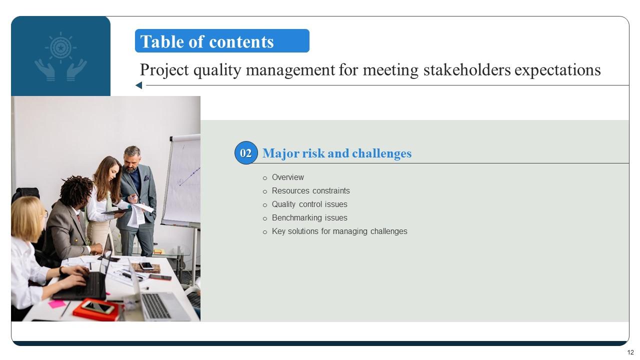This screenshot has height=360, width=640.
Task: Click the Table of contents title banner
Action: (222, 41)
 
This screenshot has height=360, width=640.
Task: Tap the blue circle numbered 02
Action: (245, 153)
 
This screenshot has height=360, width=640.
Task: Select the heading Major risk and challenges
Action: (337, 153)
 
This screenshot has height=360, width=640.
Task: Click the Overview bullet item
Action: (287, 177)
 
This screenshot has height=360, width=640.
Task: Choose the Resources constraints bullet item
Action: (310, 190)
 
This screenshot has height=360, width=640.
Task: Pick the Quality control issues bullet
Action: (309, 204)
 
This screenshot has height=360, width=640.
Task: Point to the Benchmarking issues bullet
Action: (309, 217)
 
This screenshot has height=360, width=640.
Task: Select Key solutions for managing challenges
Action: (339, 231)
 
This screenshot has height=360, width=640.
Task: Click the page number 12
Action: (630, 352)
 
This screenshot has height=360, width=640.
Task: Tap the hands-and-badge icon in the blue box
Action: (60, 56)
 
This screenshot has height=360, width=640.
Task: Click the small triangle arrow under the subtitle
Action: (138, 85)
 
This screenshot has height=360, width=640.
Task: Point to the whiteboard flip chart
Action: (181, 180)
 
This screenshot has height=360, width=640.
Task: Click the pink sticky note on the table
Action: (56, 303)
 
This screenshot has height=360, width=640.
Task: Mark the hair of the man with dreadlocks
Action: (76, 189)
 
